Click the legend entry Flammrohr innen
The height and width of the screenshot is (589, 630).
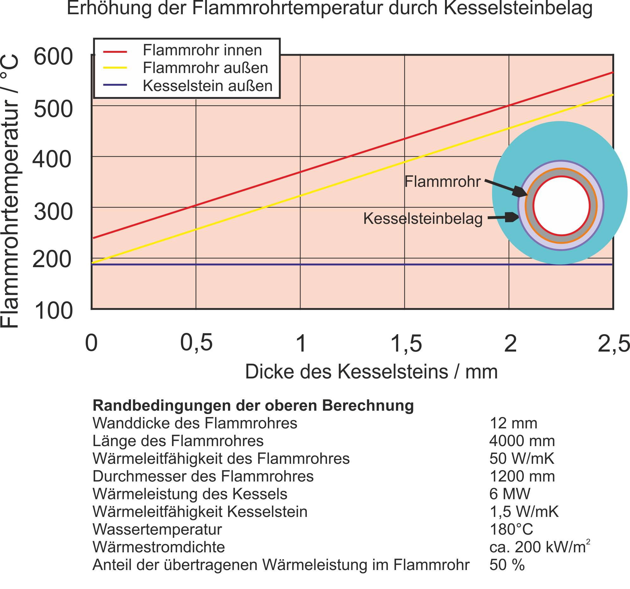tap(202, 50)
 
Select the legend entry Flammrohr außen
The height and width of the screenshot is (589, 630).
tap(205, 68)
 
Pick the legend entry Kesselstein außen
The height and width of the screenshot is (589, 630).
tap(207, 86)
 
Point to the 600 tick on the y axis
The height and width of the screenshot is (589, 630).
tap(53, 57)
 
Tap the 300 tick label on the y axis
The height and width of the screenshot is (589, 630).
tap(53, 212)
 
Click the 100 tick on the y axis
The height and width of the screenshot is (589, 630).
tap(53, 311)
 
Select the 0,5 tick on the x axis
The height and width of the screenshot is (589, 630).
tap(196, 343)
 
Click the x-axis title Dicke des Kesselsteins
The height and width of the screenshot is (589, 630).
tap(371, 371)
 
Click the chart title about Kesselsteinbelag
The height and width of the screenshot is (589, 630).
tap(330, 8)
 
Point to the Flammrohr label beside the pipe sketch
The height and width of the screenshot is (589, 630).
tap(442, 181)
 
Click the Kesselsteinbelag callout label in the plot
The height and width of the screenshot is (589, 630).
tap(423, 218)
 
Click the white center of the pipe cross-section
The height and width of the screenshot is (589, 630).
tap(561, 206)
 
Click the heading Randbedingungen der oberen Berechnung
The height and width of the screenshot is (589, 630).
tap(253, 406)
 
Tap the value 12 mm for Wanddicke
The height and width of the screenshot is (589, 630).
tap(513, 423)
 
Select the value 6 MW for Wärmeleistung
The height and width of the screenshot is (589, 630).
tap(510, 494)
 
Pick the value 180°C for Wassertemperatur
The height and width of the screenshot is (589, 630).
tap(511, 530)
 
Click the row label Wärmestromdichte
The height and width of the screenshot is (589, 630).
tap(158, 547)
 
